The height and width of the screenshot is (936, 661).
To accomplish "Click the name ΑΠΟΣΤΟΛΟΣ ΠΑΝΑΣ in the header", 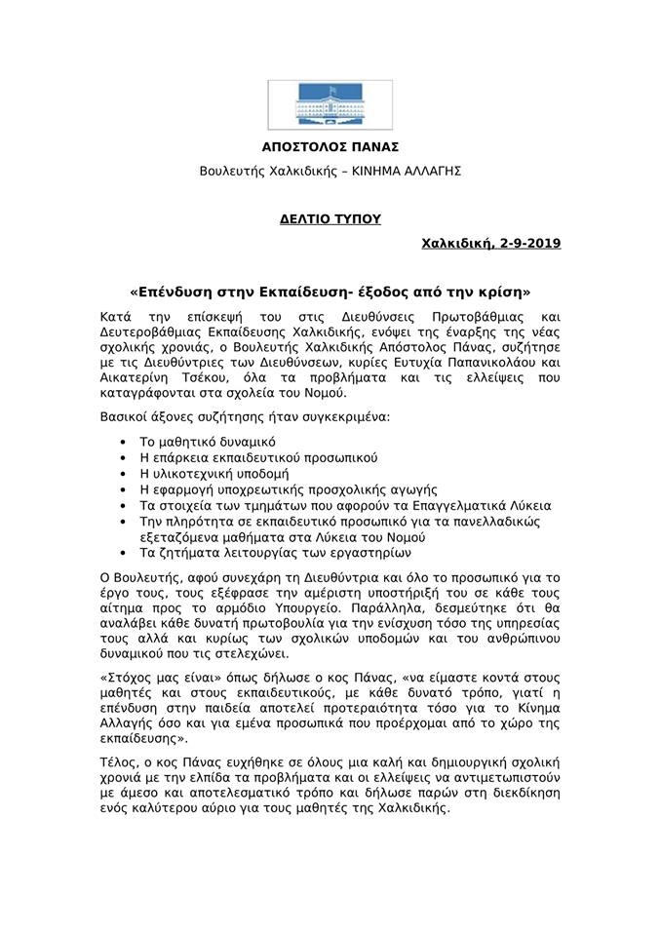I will (330, 147).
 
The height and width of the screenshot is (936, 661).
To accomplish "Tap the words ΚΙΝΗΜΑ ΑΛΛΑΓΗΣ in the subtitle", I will (408, 171).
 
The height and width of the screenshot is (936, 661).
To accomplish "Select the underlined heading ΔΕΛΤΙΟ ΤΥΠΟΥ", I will (330, 220).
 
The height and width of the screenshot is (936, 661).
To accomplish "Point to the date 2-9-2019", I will (529, 243).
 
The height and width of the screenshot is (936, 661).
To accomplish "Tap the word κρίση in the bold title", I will (501, 292).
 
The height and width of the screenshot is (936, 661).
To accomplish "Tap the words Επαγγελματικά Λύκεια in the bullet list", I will (478, 505).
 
